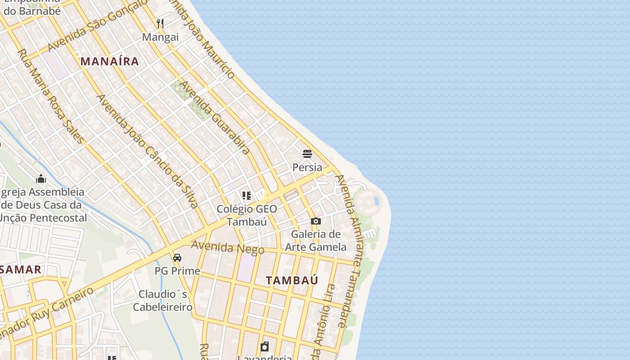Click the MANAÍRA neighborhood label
click(x=109, y=61)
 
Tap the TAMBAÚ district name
click(x=292, y=280)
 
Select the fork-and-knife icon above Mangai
click(x=160, y=23)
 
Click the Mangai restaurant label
click(x=160, y=37)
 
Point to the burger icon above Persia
click(x=307, y=154)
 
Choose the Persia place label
click(x=307, y=167)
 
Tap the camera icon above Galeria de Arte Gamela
click(x=316, y=221)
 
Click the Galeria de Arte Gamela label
click(x=316, y=240)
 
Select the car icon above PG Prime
click(x=177, y=258)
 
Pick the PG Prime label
click(x=177, y=271)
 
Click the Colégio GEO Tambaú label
click(x=247, y=215)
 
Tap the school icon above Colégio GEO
click(x=247, y=196)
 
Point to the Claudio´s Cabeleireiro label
click(x=163, y=301)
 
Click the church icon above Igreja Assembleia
click(x=41, y=179)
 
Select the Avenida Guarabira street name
click(x=215, y=117)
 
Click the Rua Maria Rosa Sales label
click(x=50, y=96)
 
